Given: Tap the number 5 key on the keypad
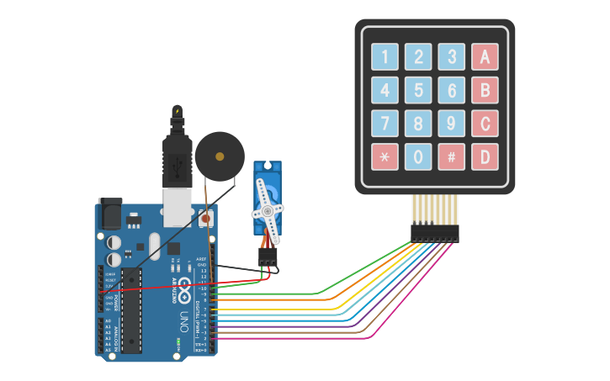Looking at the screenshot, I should [418, 90].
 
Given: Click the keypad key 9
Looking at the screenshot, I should [451, 124].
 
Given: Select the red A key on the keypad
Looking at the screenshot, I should [485, 57].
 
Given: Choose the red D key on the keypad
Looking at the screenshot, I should [485, 156].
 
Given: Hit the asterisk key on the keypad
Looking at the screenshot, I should [385, 156].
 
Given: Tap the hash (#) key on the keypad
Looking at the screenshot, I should [451, 156].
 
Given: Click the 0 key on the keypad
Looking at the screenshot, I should [418, 156].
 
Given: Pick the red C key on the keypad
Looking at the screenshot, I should [485, 124].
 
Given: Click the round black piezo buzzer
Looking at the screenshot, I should [220, 156].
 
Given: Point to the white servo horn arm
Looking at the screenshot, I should [268, 206].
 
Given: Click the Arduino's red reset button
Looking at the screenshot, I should [205, 220].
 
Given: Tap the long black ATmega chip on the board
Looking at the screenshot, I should [130, 310].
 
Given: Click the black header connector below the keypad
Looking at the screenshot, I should [434, 233].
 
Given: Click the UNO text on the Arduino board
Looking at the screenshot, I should [183, 321].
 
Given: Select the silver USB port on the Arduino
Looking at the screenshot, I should [177, 207].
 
